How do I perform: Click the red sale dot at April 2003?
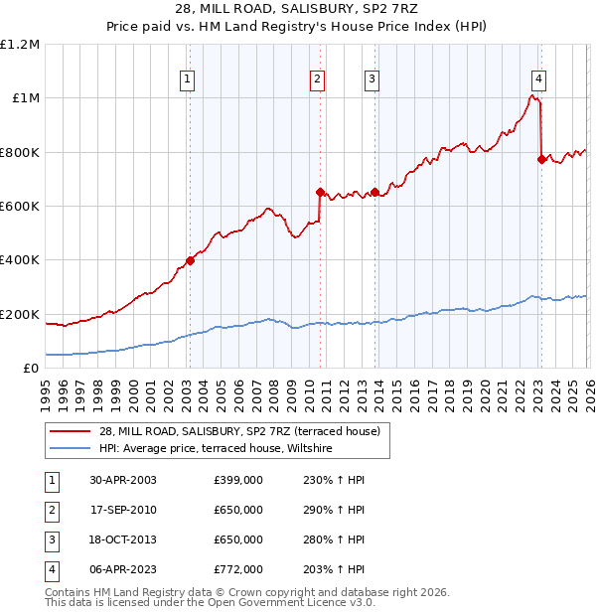[x=190, y=261]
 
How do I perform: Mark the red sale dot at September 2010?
[x=320, y=192]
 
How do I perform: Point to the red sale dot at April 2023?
[x=541, y=159]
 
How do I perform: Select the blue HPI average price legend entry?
[x=220, y=449]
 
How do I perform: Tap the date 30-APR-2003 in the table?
[x=123, y=480]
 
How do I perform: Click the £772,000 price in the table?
[x=238, y=569]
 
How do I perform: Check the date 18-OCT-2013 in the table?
[x=123, y=539]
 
